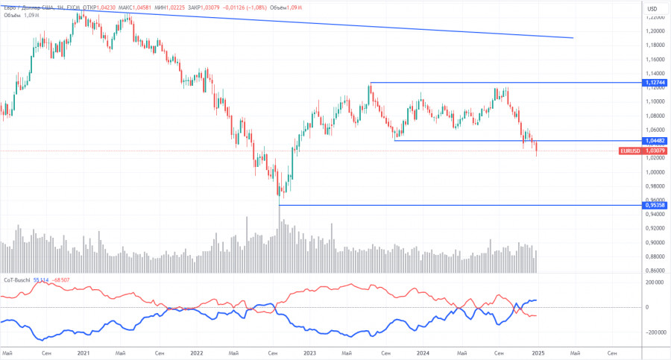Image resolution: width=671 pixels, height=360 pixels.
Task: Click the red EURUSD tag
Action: pos(629,151)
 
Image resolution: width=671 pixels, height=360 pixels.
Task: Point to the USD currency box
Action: pos(652,8)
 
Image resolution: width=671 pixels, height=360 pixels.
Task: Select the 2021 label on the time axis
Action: pos(83,353)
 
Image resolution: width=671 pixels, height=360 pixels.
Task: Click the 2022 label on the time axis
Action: pos(196,353)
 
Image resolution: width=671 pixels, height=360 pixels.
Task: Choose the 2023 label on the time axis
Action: pos(309,353)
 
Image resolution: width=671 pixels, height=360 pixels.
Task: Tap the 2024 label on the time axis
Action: pos(423,353)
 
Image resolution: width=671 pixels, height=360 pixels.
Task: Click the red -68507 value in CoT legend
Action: pos(60,280)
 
